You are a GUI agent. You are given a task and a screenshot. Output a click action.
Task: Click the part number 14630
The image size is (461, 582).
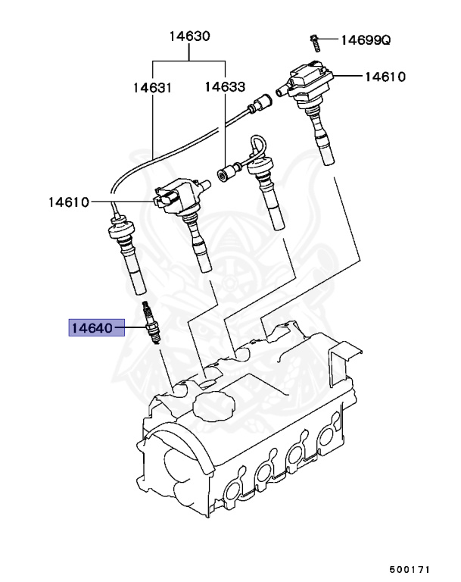point(189,36)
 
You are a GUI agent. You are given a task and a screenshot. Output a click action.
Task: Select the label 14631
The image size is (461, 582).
point(152,87)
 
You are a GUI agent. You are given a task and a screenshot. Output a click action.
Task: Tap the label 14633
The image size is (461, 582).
point(225,87)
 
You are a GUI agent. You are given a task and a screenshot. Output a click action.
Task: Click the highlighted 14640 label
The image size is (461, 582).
point(92,328)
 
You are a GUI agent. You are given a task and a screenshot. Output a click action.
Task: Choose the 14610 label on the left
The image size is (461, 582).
point(68,202)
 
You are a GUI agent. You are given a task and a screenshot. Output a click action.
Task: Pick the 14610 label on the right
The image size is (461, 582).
point(385,77)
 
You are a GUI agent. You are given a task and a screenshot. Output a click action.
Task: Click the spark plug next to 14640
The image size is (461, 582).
point(151,324)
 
